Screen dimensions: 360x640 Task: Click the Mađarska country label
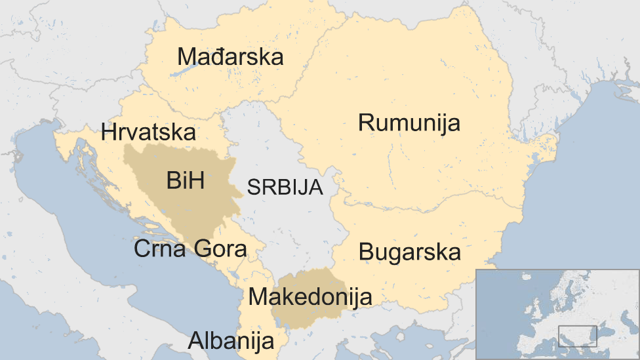click(230, 57)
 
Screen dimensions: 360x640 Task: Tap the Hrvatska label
click(148, 132)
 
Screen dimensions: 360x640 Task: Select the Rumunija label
click(409, 123)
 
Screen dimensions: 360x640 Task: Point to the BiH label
click(185, 180)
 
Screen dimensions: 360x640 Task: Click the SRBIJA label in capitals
click(285, 188)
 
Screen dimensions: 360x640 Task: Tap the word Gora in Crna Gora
click(220, 249)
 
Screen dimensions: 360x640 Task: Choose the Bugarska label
click(410, 252)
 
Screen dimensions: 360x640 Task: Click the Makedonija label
click(310, 296)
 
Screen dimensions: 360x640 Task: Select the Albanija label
click(231, 340)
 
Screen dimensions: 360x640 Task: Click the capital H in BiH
click(195, 180)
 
